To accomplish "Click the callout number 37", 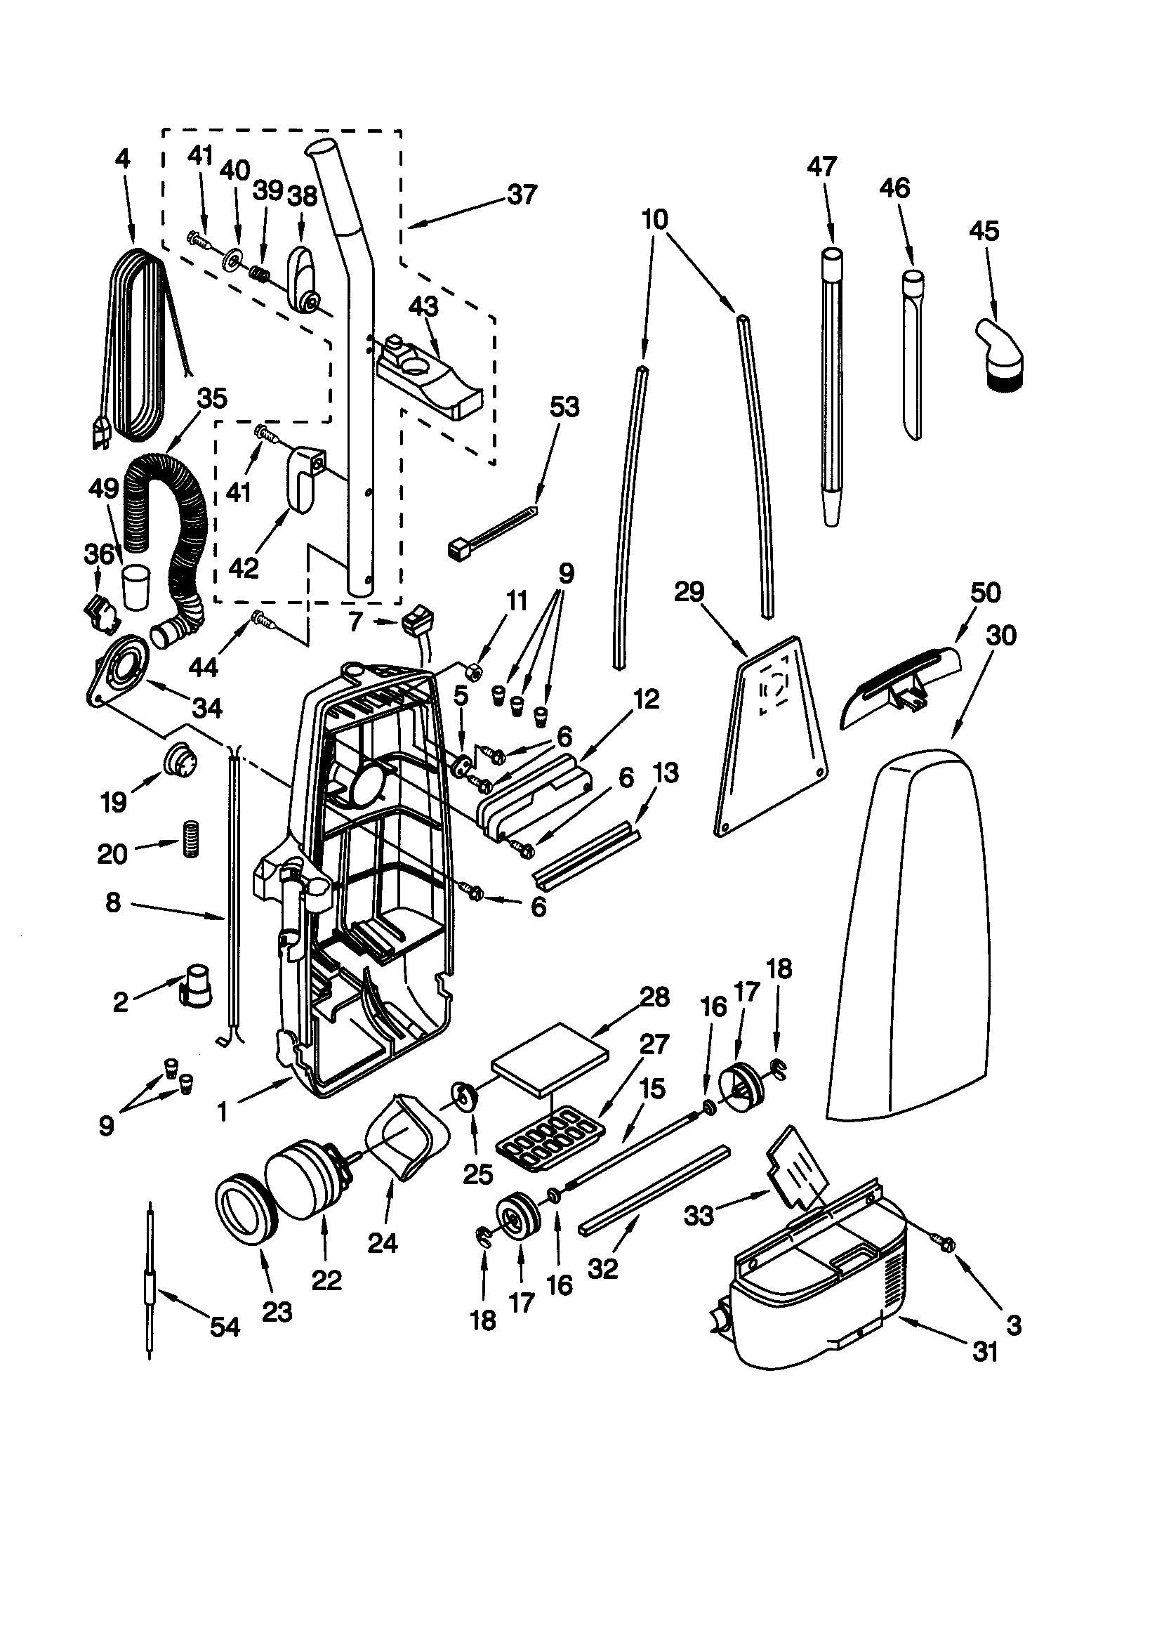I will [522, 195].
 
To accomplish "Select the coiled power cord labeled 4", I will [136, 343].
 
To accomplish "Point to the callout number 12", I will [646, 699].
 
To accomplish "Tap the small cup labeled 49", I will [135, 586].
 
